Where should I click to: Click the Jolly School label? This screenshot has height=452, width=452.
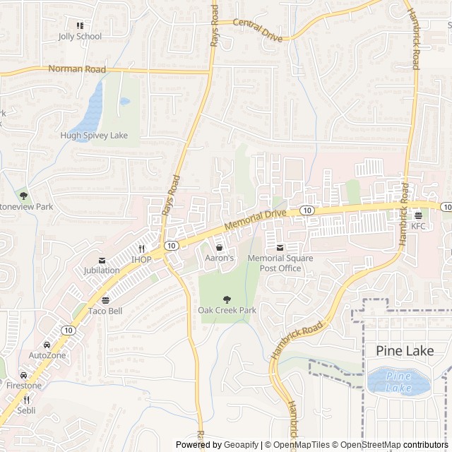(x=80, y=36)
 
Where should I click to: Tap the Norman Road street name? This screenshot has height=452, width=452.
(x=77, y=69)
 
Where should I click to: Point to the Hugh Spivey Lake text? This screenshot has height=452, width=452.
(x=94, y=135)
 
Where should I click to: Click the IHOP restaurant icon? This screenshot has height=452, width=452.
(x=142, y=249)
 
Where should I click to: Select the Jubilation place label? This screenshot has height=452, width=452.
(x=102, y=270)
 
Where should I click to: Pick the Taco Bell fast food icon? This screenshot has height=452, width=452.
(x=106, y=300)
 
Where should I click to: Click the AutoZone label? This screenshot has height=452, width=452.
(x=47, y=355)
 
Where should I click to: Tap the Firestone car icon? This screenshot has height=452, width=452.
(x=24, y=375)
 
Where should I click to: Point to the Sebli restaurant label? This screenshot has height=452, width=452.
(x=26, y=410)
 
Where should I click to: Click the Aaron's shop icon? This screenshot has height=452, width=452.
(x=219, y=248)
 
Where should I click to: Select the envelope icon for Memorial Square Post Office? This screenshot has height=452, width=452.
(x=280, y=248)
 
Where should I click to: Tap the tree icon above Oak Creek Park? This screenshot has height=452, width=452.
(x=227, y=299)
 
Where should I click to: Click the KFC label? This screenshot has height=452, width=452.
(x=420, y=226)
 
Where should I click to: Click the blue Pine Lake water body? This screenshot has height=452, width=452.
(x=397, y=382)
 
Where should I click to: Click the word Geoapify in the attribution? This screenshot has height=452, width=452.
(x=242, y=445)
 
